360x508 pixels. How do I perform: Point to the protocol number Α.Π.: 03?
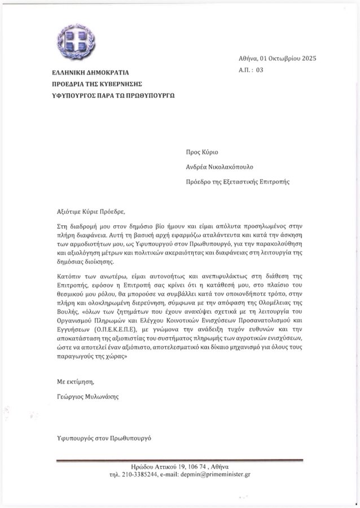tap(251, 70)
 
